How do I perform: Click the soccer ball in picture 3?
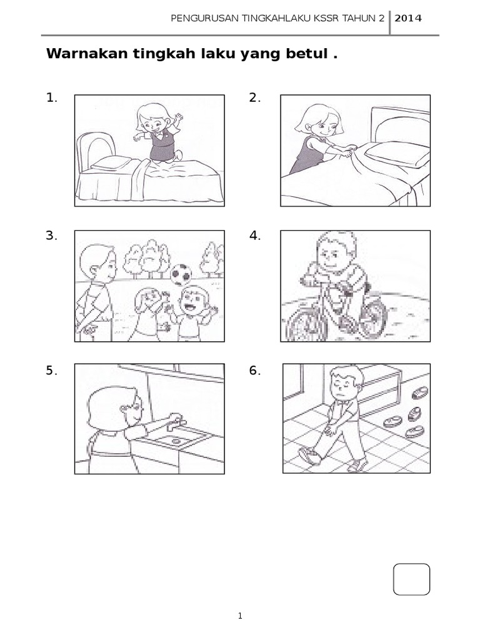(x=181, y=274)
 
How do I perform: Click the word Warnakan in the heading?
(x=86, y=54)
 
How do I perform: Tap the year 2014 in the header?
(x=407, y=18)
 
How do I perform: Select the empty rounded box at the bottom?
(x=411, y=579)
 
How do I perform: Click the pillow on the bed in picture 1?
(x=111, y=163)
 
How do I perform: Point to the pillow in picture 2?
(x=397, y=154)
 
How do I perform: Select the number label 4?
(x=255, y=236)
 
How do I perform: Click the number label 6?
(x=255, y=371)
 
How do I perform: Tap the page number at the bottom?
(x=240, y=616)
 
